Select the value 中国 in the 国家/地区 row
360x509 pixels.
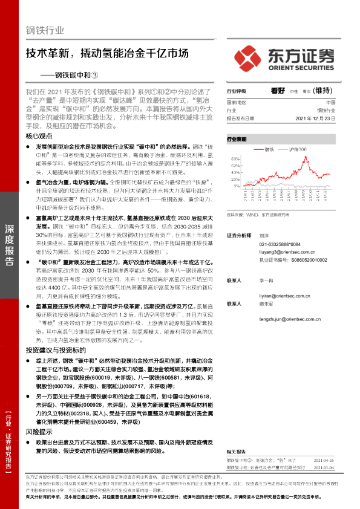[330, 103]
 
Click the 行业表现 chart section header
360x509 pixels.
[237, 139]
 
